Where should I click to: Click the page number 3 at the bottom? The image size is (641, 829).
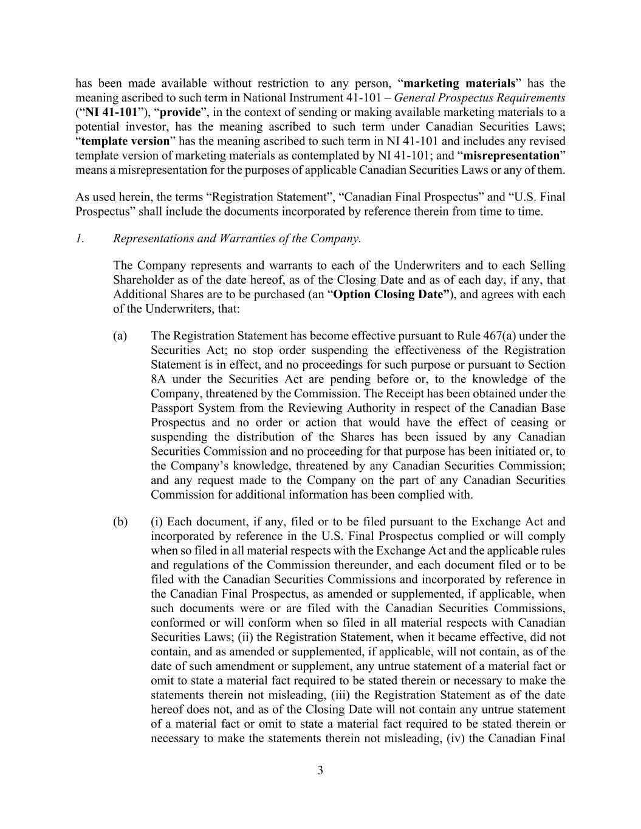click(320, 771)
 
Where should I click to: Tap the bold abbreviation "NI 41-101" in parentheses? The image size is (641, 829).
click(112, 112)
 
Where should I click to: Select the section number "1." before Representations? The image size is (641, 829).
click(80, 238)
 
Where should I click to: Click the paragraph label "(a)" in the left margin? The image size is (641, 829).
click(120, 336)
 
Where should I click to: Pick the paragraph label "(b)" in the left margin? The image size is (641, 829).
click(120, 522)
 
